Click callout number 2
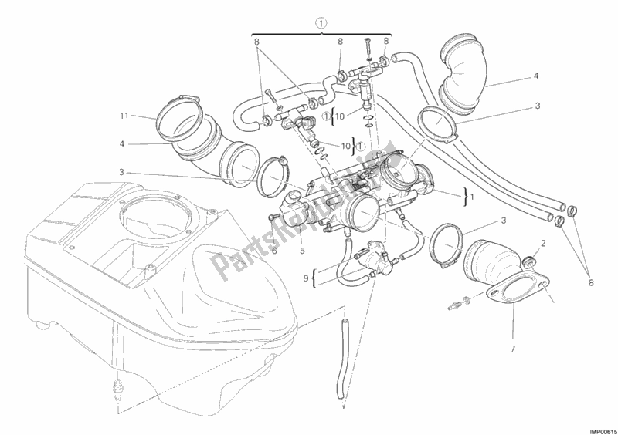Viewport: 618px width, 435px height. (544, 243)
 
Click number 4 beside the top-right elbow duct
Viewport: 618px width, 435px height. (535, 76)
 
